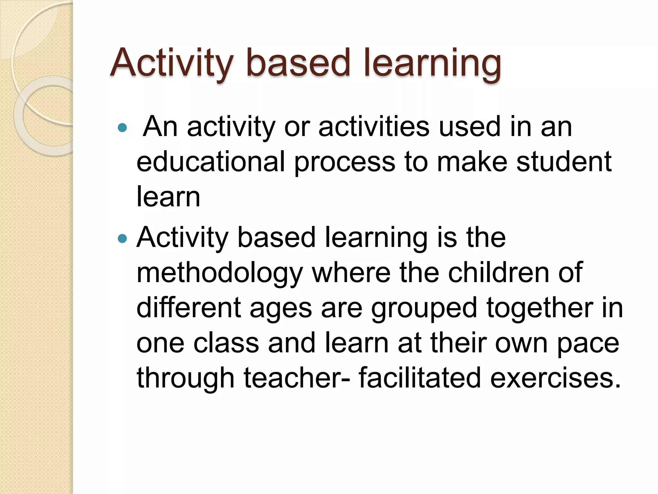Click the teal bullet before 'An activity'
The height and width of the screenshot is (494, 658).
pyautogui.click(x=122, y=128)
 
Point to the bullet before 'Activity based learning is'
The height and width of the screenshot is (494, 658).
pyautogui.click(x=122, y=239)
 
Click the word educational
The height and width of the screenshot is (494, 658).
pyautogui.click(x=211, y=161)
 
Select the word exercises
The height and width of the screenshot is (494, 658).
pyautogui.click(x=556, y=378)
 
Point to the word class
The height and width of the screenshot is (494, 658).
pyautogui.click(x=226, y=343)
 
